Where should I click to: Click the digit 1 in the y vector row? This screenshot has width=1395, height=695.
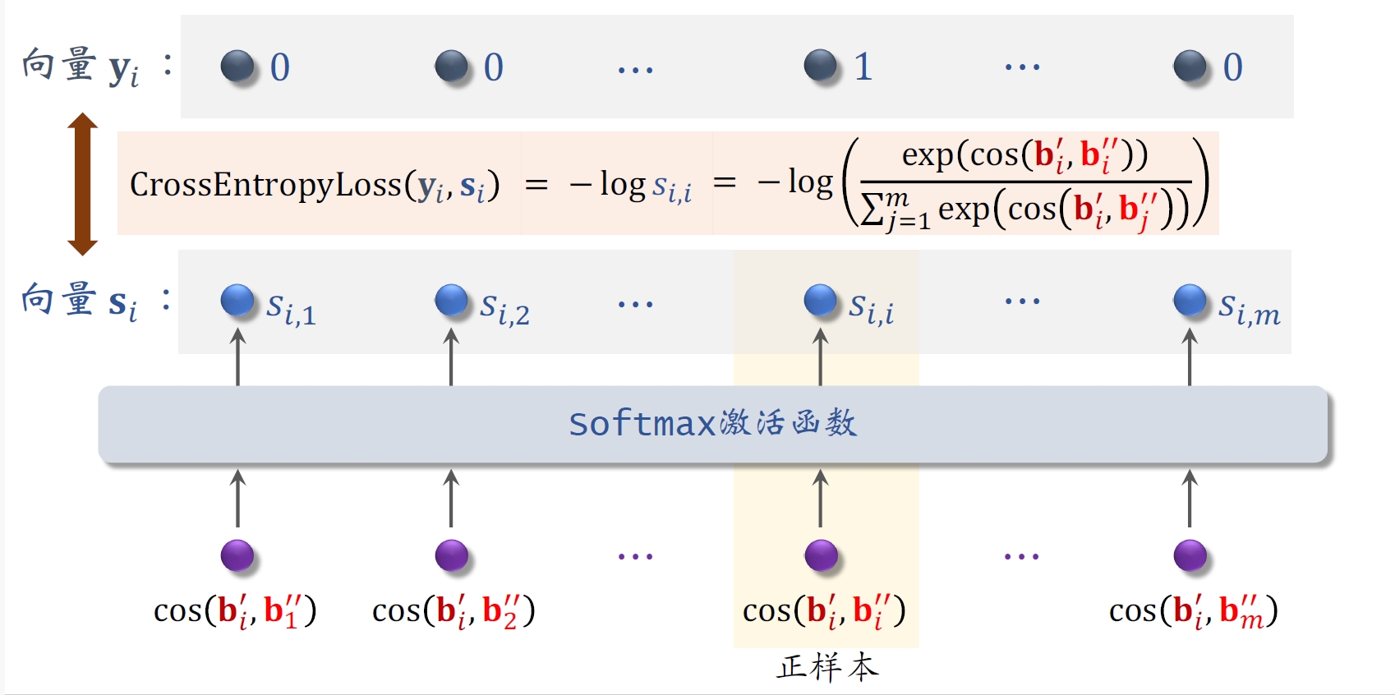[863, 67]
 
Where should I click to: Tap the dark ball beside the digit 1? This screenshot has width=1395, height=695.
[820, 66]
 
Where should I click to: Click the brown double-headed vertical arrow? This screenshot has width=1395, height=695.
[82, 183]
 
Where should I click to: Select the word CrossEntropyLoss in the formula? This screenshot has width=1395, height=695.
[265, 184]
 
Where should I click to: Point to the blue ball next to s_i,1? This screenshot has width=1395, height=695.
[237, 300]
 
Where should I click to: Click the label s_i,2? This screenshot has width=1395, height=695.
[505, 309]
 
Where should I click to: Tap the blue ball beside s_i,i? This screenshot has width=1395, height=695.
[820, 300]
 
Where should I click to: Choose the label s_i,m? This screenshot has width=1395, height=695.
[1249, 309]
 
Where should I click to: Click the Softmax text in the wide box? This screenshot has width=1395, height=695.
[642, 424]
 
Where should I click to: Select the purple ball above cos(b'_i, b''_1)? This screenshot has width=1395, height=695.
[237, 555]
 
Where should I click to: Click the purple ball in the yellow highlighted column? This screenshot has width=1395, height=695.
[820, 555]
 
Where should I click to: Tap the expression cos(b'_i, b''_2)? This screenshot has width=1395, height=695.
[453, 611]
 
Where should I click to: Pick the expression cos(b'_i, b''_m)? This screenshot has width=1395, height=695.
[1193, 611]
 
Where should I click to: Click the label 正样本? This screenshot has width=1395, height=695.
[827, 667]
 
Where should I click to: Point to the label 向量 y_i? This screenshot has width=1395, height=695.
[81, 66]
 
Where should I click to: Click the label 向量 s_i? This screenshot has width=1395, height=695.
[79, 301]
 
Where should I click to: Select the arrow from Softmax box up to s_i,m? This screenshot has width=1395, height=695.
[1190, 357]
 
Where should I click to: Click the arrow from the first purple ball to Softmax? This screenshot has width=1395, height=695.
[237, 498]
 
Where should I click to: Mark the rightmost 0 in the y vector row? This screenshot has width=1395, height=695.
[1232, 67]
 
